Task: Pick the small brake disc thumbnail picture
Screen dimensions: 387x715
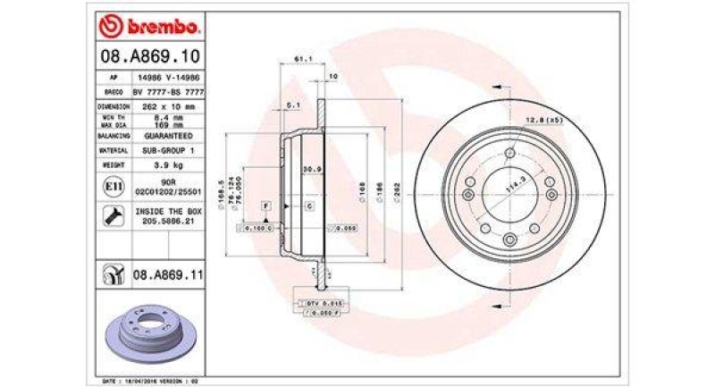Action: click(148, 335)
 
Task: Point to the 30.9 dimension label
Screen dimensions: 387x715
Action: click(311, 169)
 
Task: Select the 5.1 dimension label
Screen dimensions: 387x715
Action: click(292, 105)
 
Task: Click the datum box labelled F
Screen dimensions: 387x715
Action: click(265, 206)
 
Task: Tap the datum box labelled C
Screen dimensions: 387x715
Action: click(308, 206)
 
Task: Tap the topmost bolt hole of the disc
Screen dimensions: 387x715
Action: click(509, 153)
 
